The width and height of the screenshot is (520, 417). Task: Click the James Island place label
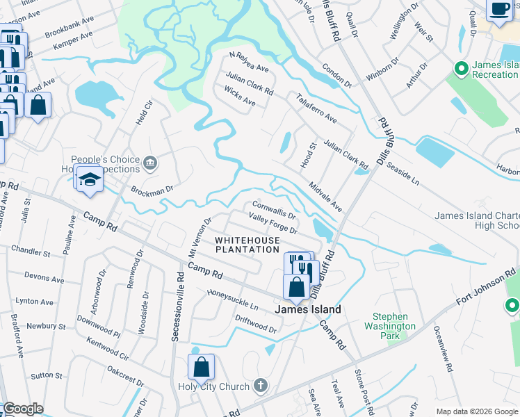pos(309,309)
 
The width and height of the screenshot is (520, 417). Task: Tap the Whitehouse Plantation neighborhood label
pos(247,244)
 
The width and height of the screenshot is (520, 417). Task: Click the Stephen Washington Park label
pos(390,326)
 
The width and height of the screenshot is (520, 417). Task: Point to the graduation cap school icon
pos(90,179)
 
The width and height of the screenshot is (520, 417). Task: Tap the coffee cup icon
pos(499,8)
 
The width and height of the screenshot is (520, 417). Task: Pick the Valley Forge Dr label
pos(273,224)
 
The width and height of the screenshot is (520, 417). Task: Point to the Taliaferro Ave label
pos(316,108)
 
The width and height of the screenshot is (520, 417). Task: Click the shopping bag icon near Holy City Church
pos(201,367)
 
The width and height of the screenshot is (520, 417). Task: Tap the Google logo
pos(23,409)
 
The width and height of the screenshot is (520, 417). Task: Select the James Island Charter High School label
pos(477,220)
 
